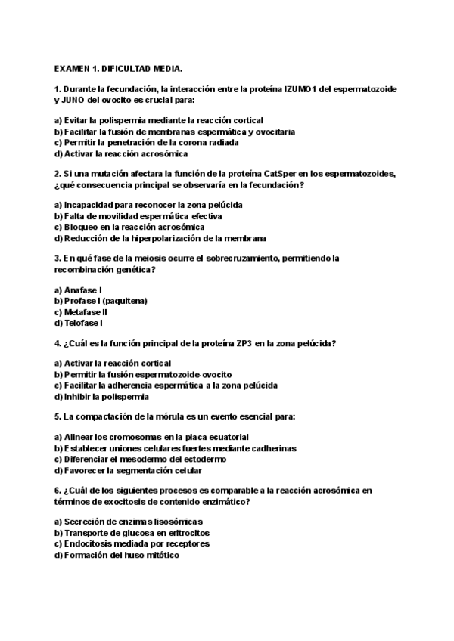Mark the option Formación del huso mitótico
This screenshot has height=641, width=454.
(117, 554)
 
